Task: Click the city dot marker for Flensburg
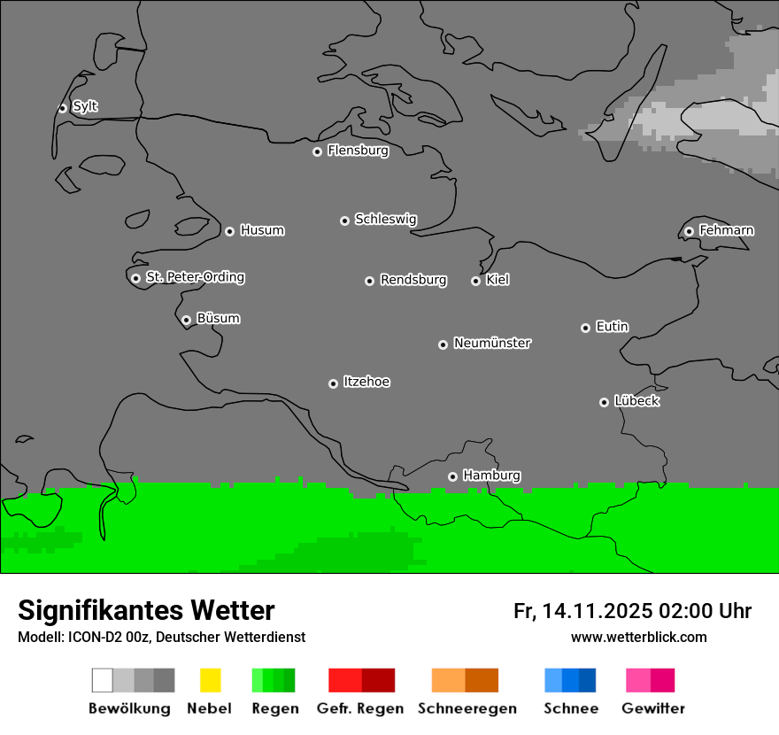pos(317,151)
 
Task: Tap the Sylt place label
pos(85,106)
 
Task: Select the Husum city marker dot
pos(229,231)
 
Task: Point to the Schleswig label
pos(385,219)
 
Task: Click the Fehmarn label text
pos(726,230)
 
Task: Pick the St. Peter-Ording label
pos(195,277)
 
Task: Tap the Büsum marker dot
pos(186,320)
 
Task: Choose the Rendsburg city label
pos(413,280)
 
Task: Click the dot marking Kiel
pos(475,281)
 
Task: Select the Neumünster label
pos(491,343)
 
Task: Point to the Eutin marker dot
pos(585,328)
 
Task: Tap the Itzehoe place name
pos(366,382)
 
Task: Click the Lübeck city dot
pos(604,402)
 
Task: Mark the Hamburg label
pos(491,476)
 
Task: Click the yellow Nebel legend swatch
pos(210,680)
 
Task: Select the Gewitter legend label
pos(653,708)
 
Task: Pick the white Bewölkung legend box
pos(103,680)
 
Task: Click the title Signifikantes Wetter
pos(146,610)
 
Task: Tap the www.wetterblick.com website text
pos(638,637)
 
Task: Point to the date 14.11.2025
pos(598,611)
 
